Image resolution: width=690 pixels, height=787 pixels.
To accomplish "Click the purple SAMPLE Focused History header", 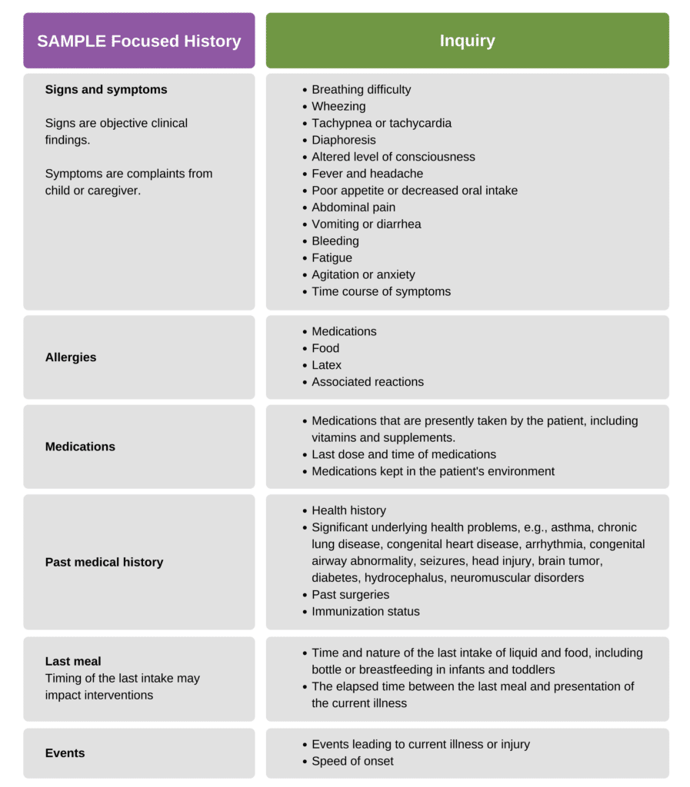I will click(138, 42).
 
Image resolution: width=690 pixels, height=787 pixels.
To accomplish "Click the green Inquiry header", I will click(467, 42).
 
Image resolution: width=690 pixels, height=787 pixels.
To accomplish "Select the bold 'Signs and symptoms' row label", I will click(106, 90).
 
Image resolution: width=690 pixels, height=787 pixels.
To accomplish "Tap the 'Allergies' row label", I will click(71, 357).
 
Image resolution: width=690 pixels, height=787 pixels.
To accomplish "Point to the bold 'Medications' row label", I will click(80, 447).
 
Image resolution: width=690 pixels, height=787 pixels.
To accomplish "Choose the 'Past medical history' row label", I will click(104, 562).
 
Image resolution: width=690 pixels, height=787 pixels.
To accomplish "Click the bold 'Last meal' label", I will click(73, 661).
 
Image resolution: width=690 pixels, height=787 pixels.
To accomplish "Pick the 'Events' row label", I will click(65, 753).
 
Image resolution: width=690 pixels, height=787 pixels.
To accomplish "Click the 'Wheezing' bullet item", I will click(338, 107).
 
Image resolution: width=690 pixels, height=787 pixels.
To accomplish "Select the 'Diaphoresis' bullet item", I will click(344, 140).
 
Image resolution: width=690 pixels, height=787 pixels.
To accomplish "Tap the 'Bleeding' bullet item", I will click(335, 241).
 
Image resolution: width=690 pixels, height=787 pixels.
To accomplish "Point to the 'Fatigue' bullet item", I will click(332, 258).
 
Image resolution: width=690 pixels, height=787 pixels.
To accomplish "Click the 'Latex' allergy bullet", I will click(326, 365).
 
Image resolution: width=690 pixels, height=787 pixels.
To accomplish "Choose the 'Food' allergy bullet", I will click(325, 348).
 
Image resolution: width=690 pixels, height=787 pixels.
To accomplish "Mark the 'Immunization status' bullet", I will click(365, 612).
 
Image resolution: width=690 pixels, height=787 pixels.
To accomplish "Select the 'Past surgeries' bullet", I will click(350, 595).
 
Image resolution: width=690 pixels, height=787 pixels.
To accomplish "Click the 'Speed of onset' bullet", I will click(352, 761).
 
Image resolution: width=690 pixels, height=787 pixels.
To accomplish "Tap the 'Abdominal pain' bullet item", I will click(353, 208).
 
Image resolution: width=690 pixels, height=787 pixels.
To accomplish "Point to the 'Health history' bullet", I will click(348, 510).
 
